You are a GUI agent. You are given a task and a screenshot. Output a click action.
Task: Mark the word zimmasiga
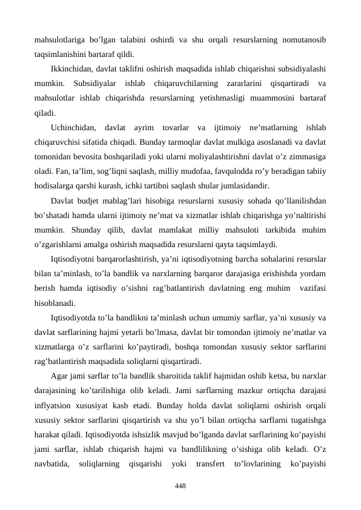coord(306,157)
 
